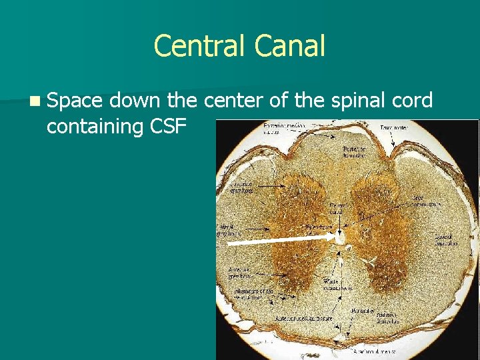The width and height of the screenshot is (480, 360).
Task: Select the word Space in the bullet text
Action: tap(75, 101)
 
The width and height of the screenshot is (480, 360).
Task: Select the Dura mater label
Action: tap(395, 127)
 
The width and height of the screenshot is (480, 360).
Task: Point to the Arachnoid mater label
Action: tap(375, 350)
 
